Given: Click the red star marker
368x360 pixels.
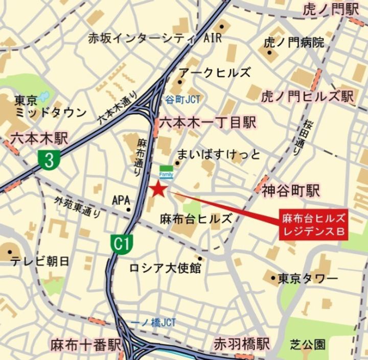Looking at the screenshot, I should click(x=158, y=189).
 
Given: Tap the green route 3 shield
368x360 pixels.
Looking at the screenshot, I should click(x=49, y=160).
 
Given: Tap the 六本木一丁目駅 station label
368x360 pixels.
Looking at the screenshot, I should click(x=207, y=123).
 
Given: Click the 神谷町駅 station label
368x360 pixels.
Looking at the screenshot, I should click(x=291, y=191).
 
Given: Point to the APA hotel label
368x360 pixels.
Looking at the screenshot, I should click(x=121, y=201).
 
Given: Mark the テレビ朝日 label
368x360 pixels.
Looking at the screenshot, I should click(x=40, y=261).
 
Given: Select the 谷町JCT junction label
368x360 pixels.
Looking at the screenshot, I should click(x=182, y=100).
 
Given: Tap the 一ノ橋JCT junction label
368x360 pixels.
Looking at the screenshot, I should click(x=153, y=323).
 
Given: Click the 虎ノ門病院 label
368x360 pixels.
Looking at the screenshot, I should click(x=294, y=43).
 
